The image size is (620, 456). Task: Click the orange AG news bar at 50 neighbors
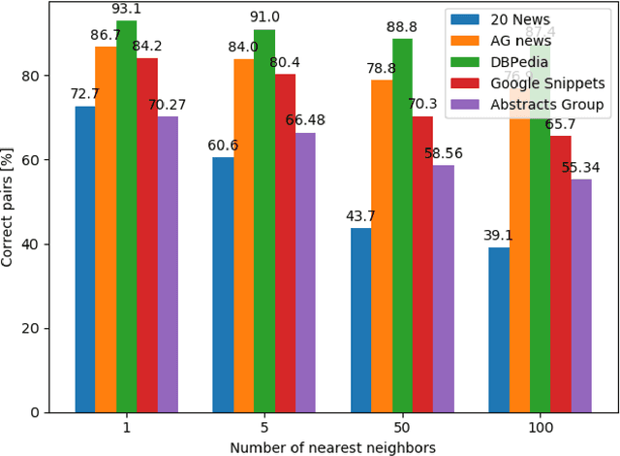[x=382, y=245]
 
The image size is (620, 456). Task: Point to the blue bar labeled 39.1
[x=498, y=330]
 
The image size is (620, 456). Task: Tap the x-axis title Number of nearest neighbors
[x=332, y=446]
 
